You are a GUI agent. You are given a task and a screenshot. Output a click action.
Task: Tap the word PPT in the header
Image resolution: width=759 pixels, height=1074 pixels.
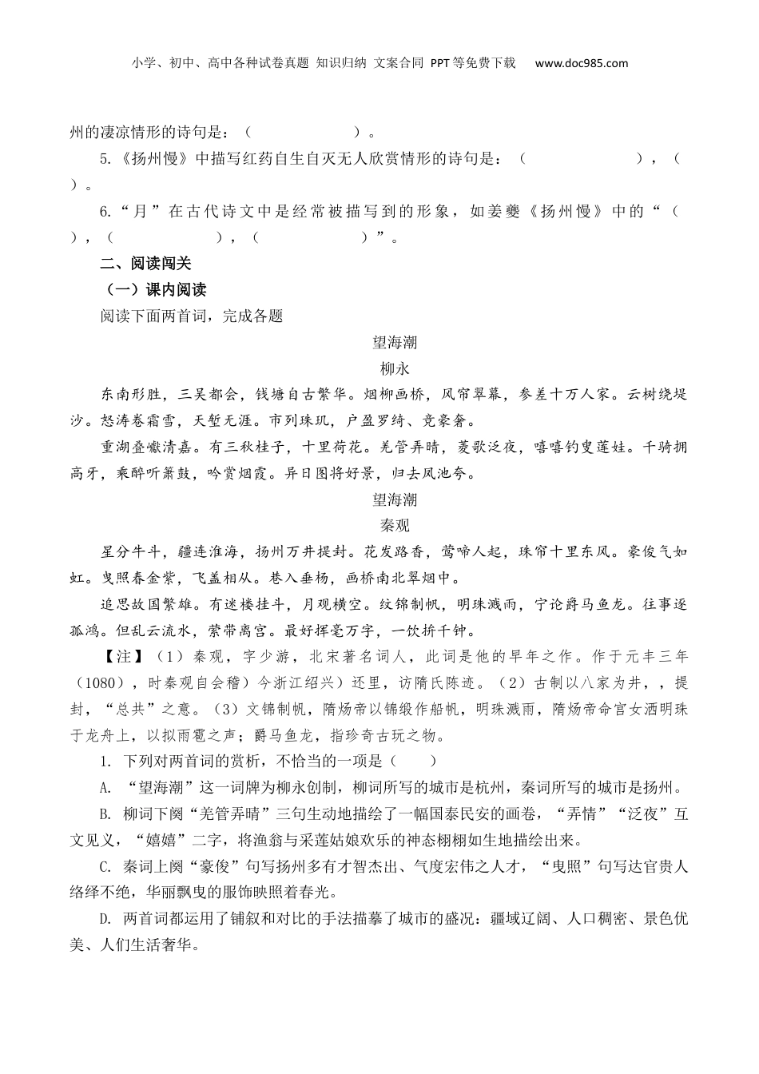[441, 63]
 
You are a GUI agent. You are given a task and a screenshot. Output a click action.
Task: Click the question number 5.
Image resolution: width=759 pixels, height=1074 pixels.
[104, 159]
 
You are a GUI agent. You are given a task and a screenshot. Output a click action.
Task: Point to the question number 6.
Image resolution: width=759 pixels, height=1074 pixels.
[104, 212]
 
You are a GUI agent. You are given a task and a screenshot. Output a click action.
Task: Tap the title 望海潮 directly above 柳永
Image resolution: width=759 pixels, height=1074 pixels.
[395, 343]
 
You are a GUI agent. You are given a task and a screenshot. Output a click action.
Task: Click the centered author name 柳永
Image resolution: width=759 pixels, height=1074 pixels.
[395, 368]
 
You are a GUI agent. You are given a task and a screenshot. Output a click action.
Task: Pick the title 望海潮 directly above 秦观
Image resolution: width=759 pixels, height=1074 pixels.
[395, 499]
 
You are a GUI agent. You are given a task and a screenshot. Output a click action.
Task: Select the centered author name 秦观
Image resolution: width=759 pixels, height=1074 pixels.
[395, 525]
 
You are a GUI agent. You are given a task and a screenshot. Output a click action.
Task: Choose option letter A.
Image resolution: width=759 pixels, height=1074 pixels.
[105, 787]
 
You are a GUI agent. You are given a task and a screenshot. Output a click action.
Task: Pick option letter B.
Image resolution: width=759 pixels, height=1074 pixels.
[105, 814]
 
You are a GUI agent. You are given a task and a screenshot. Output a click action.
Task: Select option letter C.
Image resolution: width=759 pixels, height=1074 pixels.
[105, 866]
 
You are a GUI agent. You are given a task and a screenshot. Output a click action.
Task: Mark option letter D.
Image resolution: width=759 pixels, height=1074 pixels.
[105, 919]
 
